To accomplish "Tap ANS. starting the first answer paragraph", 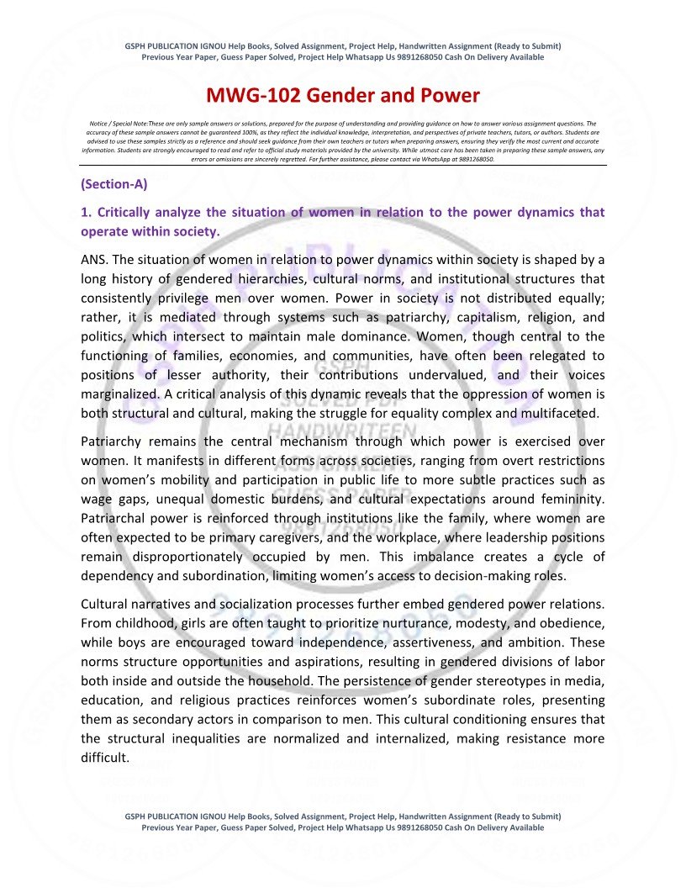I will click(95, 259).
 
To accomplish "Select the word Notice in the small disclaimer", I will click(99, 123).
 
